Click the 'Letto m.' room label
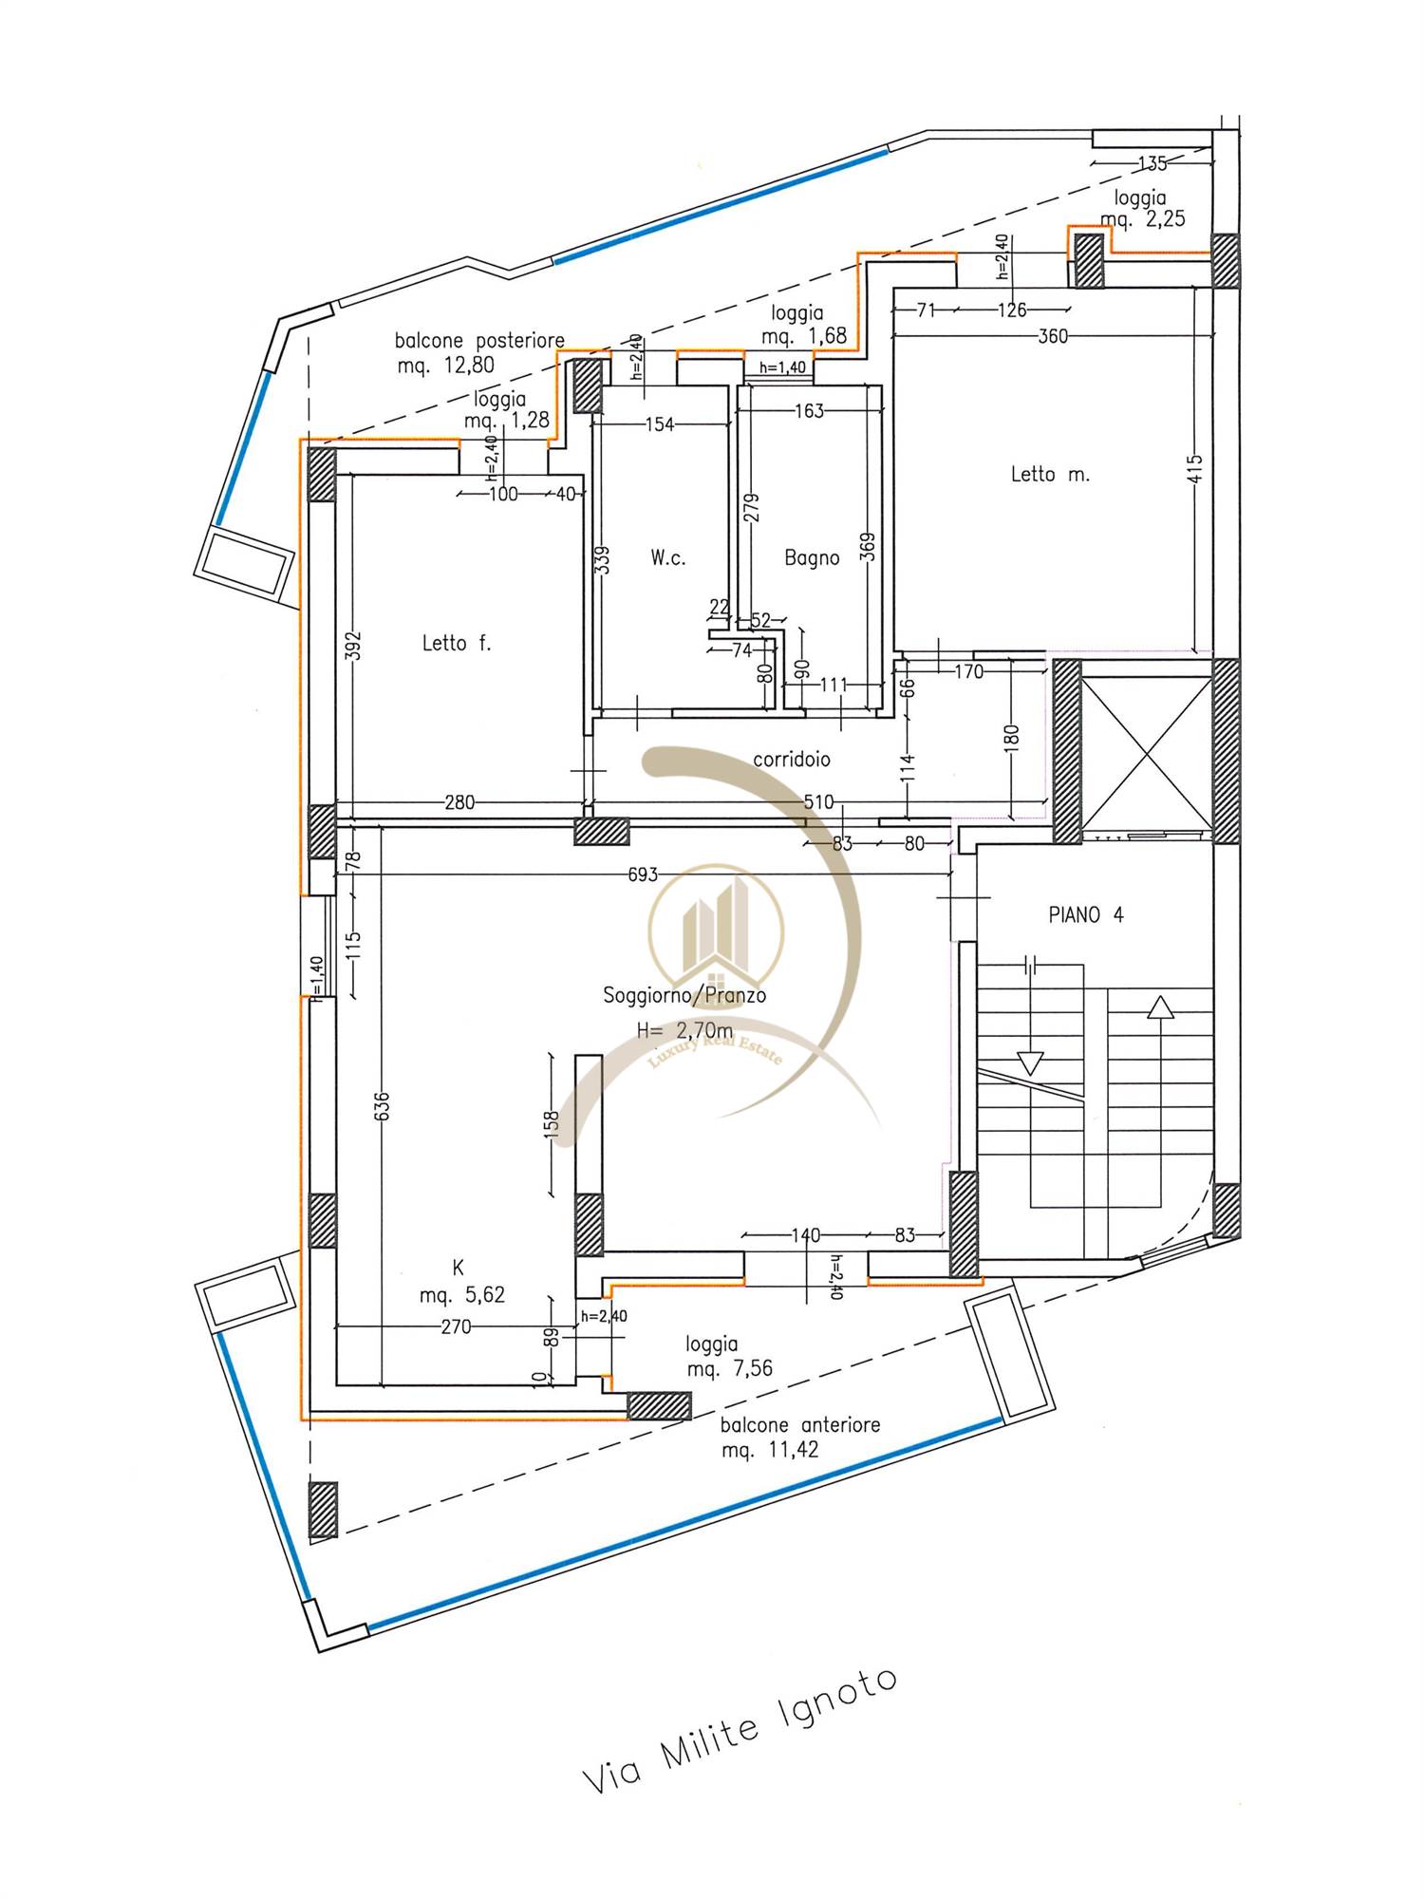click(x=1050, y=474)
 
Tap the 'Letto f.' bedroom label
click(x=457, y=644)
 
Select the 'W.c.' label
click(x=668, y=558)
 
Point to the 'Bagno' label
click(x=812, y=558)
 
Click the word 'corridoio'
click(x=792, y=760)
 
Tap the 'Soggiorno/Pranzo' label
click(x=684, y=996)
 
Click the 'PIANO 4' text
click(x=1086, y=915)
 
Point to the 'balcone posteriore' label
click(x=479, y=340)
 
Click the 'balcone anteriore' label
click(x=800, y=1424)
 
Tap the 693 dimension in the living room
click(x=643, y=874)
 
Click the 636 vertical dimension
click(x=382, y=1109)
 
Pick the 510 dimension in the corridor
click(x=818, y=802)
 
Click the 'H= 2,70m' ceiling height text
click(x=684, y=1029)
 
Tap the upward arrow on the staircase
click(x=1159, y=1006)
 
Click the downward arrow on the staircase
click(x=1030, y=1062)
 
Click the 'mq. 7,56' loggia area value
click(x=729, y=1369)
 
